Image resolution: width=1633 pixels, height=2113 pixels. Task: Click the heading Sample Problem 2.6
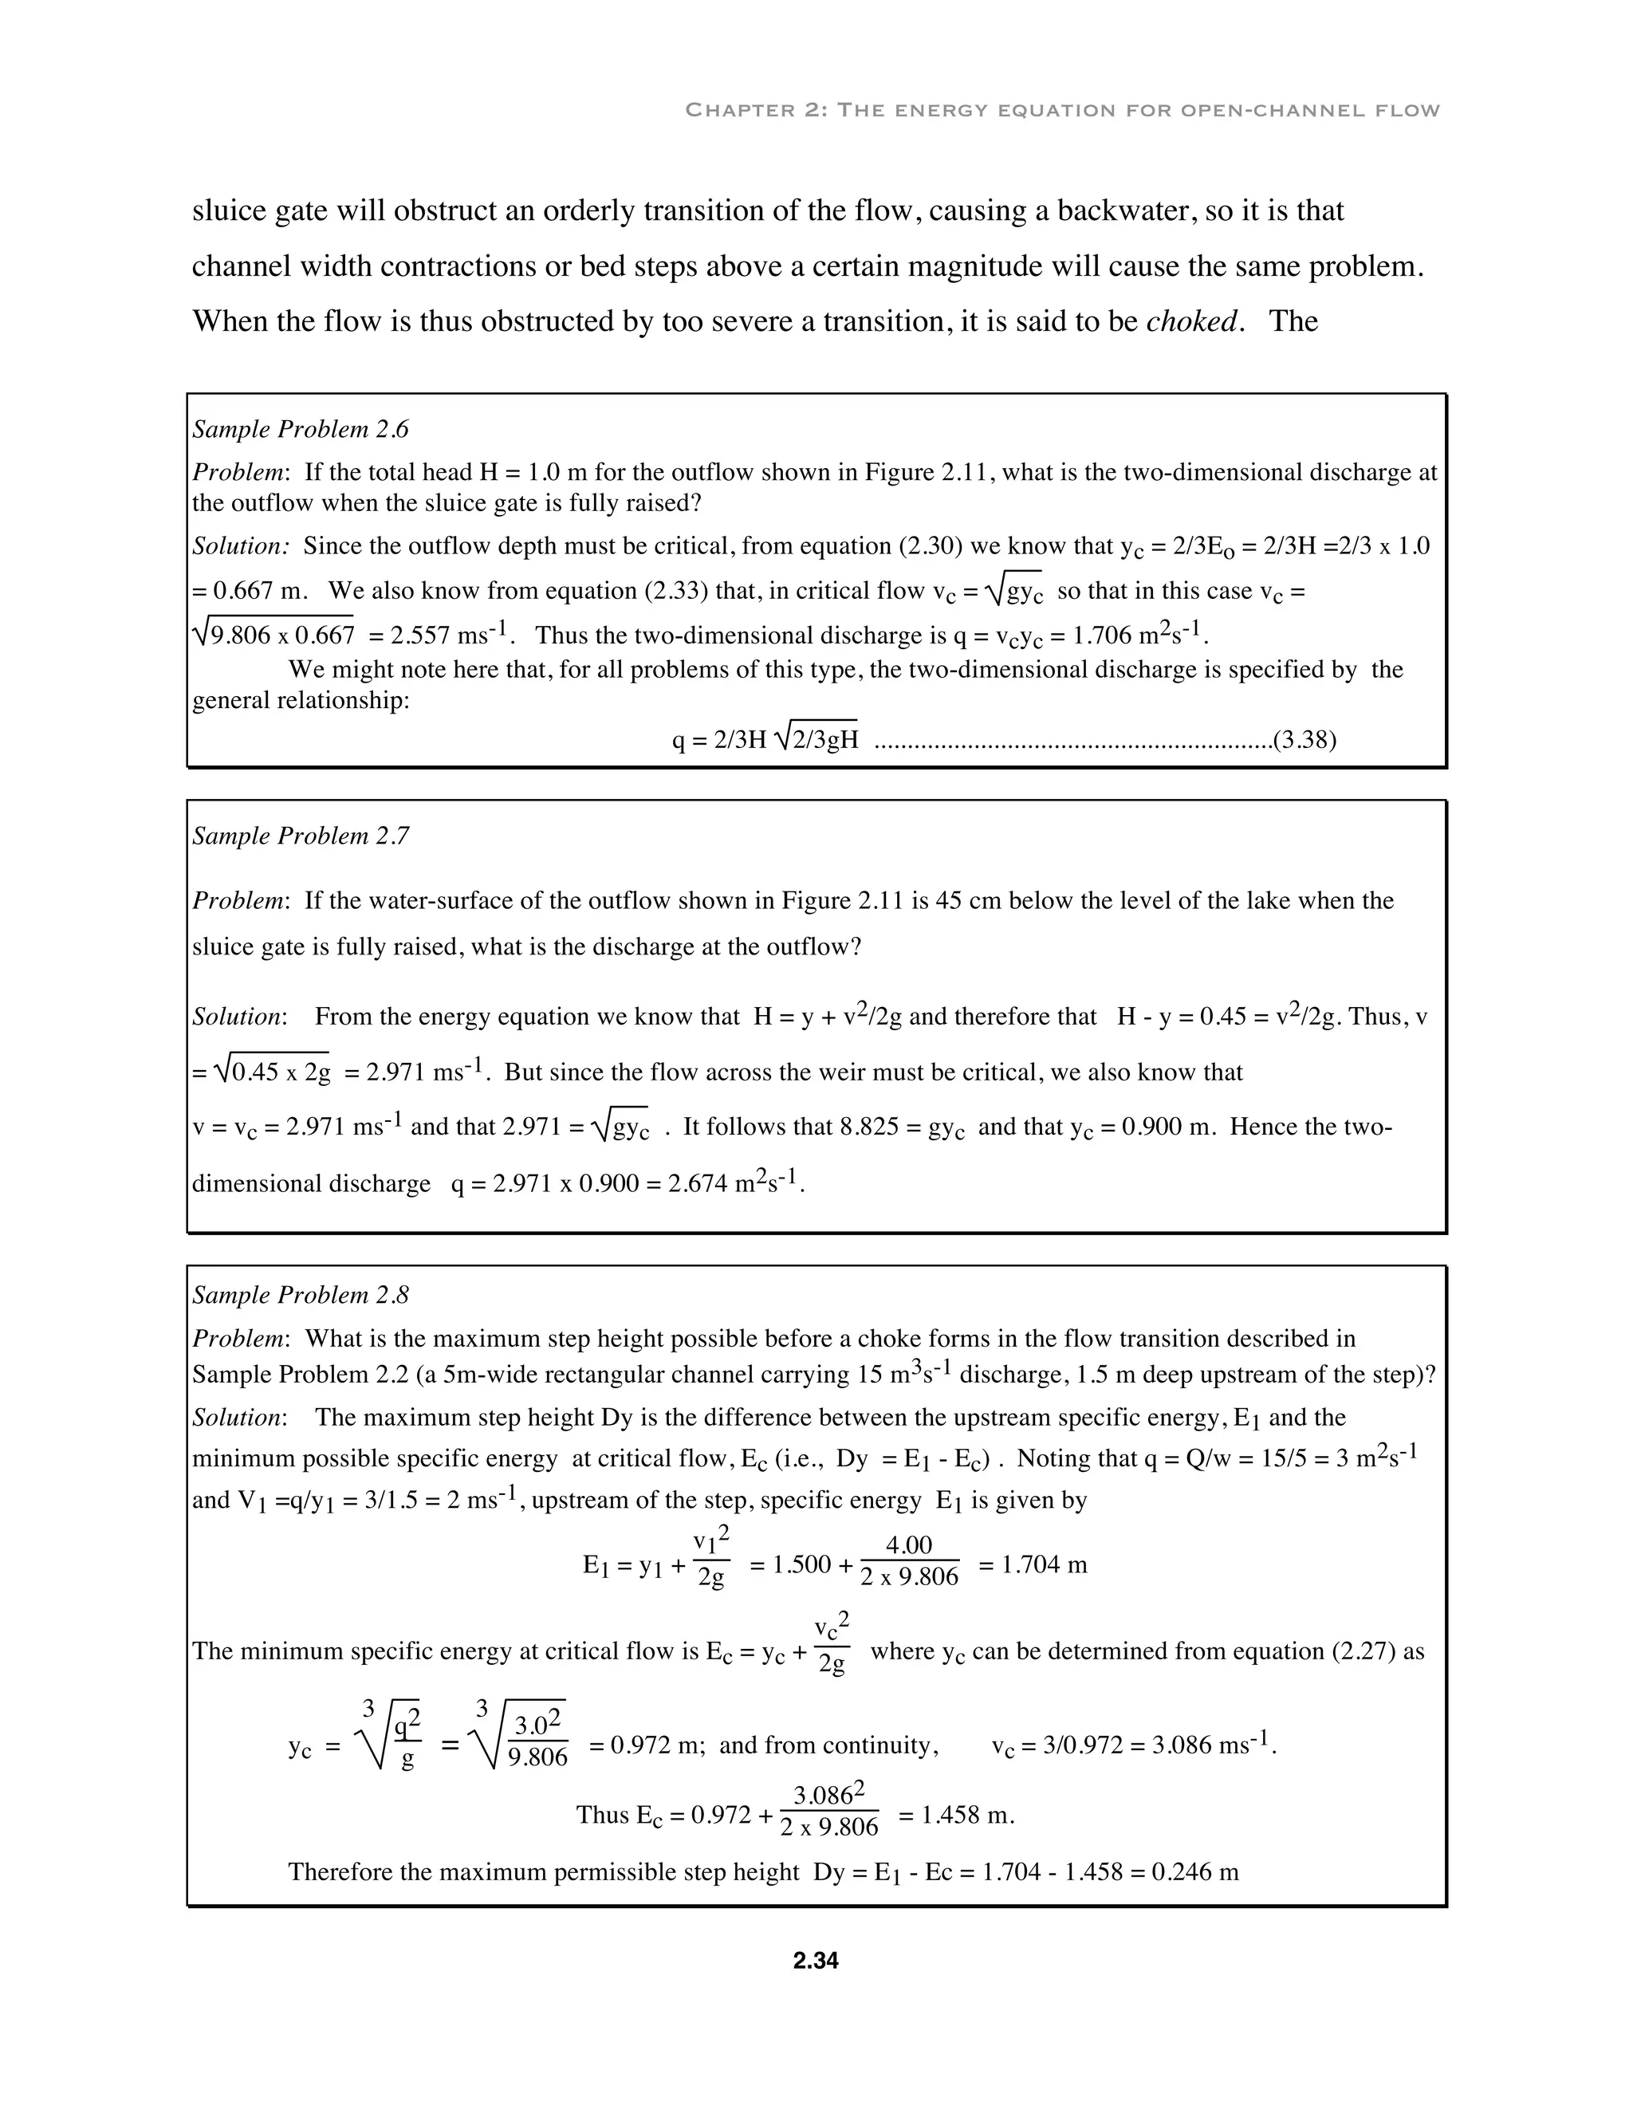pos(300,430)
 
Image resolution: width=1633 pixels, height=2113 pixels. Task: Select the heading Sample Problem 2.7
pos(300,836)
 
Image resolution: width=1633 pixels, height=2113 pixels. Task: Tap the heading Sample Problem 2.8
pos(300,1294)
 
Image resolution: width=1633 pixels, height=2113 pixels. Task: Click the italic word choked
pos(1191,321)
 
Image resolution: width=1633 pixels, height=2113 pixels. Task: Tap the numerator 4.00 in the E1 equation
pos(908,1546)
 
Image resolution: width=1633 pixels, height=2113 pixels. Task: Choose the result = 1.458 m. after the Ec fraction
pos(956,1815)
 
